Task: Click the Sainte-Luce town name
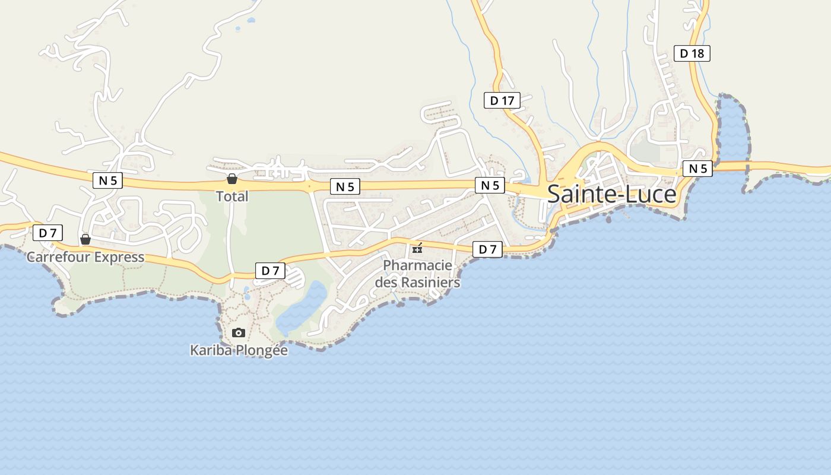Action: click(x=611, y=194)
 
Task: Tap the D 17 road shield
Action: click(x=502, y=100)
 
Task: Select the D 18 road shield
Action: click(x=692, y=53)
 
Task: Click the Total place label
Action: click(x=231, y=196)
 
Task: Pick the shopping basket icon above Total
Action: click(x=231, y=179)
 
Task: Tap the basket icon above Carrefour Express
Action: click(x=85, y=239)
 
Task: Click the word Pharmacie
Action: click(x=417, y=265)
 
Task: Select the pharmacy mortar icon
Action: click(x=417, y=248)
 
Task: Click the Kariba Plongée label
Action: click(x=239, y=350)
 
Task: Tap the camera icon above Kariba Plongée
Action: click(x=239, y=332)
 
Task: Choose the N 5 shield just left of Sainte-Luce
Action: click(x=490, y=185)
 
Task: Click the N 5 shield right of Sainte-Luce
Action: click(x=697, y=169)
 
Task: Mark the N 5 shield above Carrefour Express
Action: click(x=107, y=180)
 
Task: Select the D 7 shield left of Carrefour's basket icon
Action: click(x=47, y=233)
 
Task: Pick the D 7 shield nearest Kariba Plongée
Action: click(x=270, y=271)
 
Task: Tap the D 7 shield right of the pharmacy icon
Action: click(x=487, y=249)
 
